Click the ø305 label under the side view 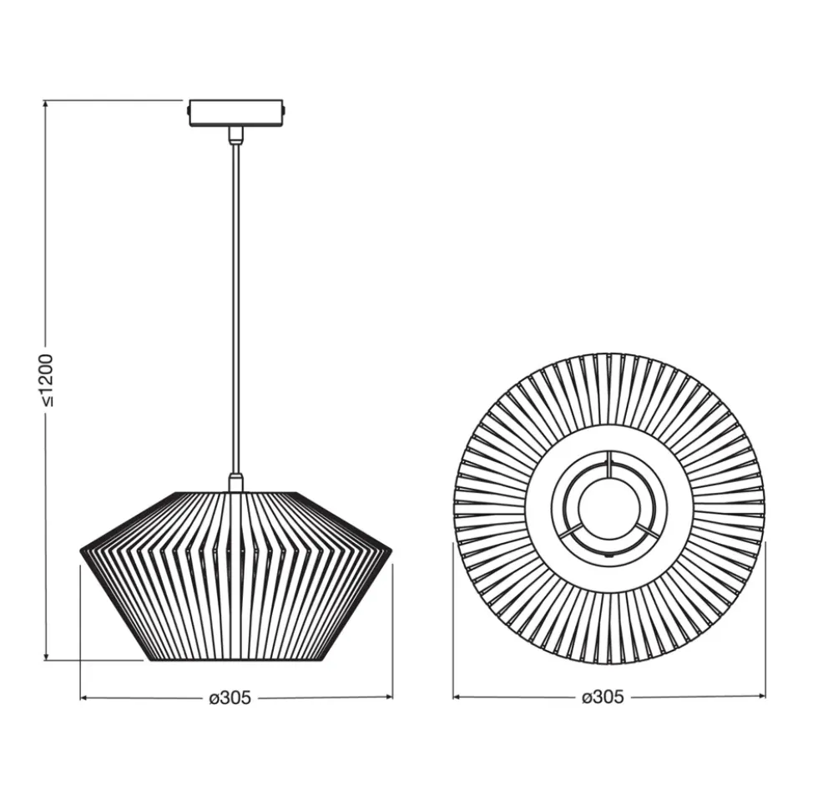click(230, 698)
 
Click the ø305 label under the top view click(603, 697)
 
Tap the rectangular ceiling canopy click(235, 113)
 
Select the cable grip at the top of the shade click(235, 482)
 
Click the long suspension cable click(235, 308)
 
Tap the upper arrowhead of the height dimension click(46, 105)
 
